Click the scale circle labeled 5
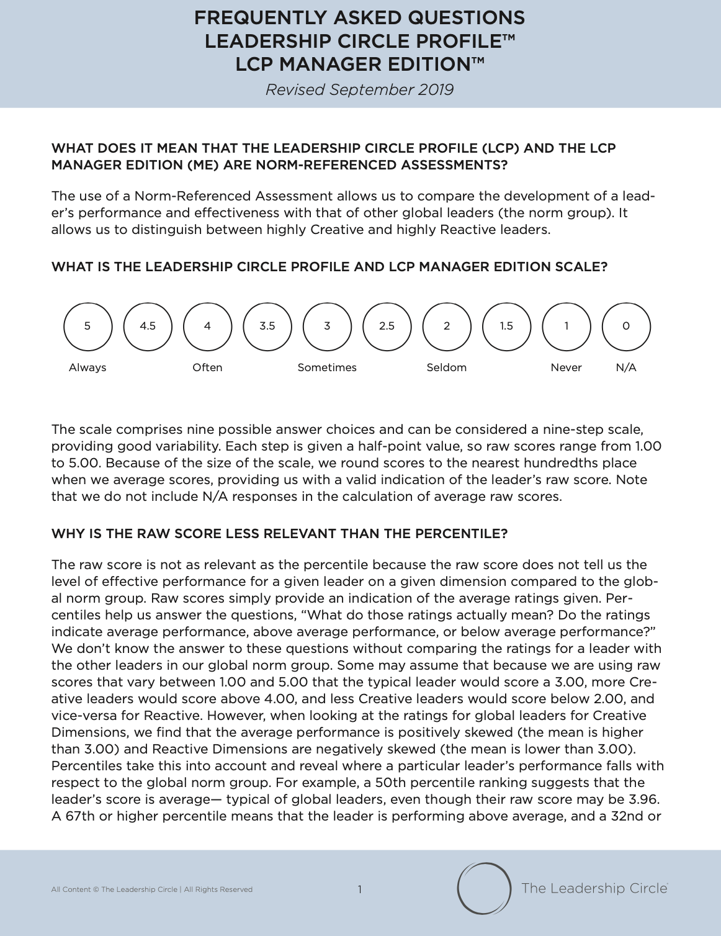click(x=87, y=326)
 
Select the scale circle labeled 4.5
click(x=148, y=326)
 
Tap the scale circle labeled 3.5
click(x=267, y=326)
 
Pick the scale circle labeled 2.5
click(x=387, y=326)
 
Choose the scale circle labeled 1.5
click(x=506, y=326)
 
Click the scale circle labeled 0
click(x=626, y=326)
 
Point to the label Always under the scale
click(x=87, y=367)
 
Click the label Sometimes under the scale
click(x=327, y=367)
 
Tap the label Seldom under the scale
click(x=446, y=367)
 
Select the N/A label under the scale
click(x=626, y=367)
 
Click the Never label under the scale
click(x=566, y=367)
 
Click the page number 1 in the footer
click(x=360, y=889)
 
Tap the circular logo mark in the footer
click(x=484, y=888)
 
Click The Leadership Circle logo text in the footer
click(x=594, y=888)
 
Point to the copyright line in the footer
click(x=152, y=889)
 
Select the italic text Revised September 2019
click(x=360, y=90)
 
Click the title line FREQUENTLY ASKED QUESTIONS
click(x=360, y=17)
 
